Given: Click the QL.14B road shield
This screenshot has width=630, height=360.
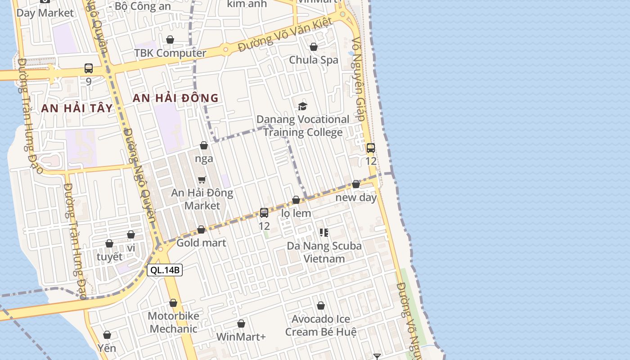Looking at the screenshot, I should tap(165, 270).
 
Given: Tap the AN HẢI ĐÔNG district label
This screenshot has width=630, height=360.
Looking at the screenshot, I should tap(175, 98).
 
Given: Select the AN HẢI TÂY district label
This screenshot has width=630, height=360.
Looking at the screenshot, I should tap(76, 108).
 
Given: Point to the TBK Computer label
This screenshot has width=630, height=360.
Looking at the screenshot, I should tap(170, 53).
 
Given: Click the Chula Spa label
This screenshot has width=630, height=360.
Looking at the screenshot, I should tap(314, 60).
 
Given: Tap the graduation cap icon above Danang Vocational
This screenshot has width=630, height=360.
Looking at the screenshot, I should tap(302, 106).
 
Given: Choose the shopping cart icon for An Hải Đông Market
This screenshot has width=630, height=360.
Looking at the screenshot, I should tap(202, 180).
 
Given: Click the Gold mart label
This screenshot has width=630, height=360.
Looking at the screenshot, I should tap(201, 243).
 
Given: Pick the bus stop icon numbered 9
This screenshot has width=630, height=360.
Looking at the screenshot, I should tap(89, 68).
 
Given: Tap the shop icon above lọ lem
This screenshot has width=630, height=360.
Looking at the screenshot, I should tap(296, 200).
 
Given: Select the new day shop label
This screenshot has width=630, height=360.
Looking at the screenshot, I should tap(356, 198).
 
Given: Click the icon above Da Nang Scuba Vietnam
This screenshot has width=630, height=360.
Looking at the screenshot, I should tap(324, 233).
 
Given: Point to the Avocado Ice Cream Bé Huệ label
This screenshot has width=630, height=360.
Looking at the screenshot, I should tap(321, 325).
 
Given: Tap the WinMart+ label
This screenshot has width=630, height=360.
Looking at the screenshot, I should tap(241, 337).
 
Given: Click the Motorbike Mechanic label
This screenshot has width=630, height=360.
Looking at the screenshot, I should tap(173, 322).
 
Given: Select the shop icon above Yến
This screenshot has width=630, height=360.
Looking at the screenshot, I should tap(107, 335).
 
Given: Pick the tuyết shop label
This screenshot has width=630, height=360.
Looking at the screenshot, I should tap(109, 257).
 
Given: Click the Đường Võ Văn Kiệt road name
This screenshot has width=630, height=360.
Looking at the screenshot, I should tap(285, 34).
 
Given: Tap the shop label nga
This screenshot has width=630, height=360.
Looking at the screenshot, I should tap(204, 159).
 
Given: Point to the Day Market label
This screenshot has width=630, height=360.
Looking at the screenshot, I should tap(45, 13).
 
